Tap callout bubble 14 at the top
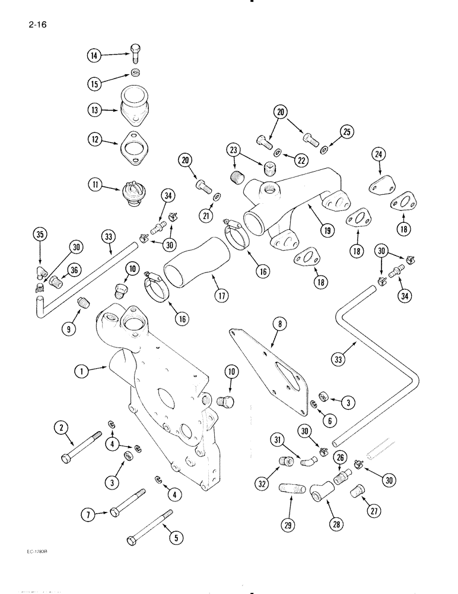point(94,55)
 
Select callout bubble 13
point(94,110)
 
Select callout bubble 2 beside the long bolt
point(60,426)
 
